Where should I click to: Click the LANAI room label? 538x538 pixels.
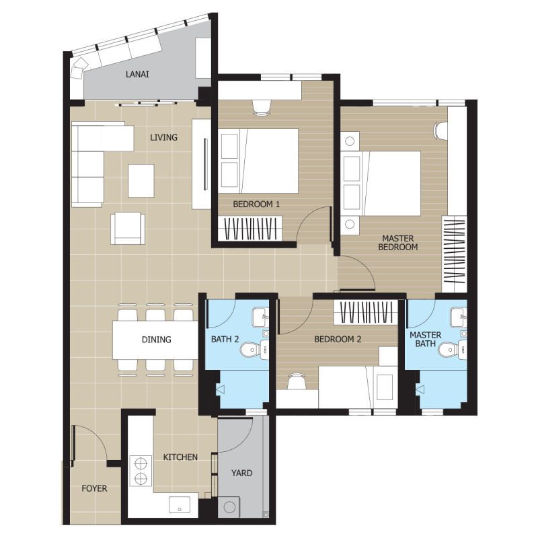(137, 74)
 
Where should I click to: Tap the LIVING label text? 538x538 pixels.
(163, 137)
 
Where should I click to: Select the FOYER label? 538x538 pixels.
(94, 488)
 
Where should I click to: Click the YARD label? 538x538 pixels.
(242, 473)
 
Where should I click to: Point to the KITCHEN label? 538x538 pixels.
(180, 457)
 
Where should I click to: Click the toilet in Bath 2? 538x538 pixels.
(254, 350)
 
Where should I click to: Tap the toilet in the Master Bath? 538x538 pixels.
(453, 350)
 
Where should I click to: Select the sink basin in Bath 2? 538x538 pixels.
(260, 317)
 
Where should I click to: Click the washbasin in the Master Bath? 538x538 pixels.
(459, 317)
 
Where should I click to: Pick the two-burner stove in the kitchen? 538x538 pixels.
(141, 471)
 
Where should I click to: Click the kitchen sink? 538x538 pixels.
(180, 505)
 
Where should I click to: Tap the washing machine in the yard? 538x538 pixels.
(229, 507)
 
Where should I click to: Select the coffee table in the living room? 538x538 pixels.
(141, 181)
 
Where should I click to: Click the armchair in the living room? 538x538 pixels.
(128, 228)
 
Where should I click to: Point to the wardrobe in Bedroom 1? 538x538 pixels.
(250, 229)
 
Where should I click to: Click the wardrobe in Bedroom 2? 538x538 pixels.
(366, 312)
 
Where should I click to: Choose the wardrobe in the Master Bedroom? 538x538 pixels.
(455, 254)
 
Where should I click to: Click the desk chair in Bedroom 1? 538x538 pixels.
(262, 108)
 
